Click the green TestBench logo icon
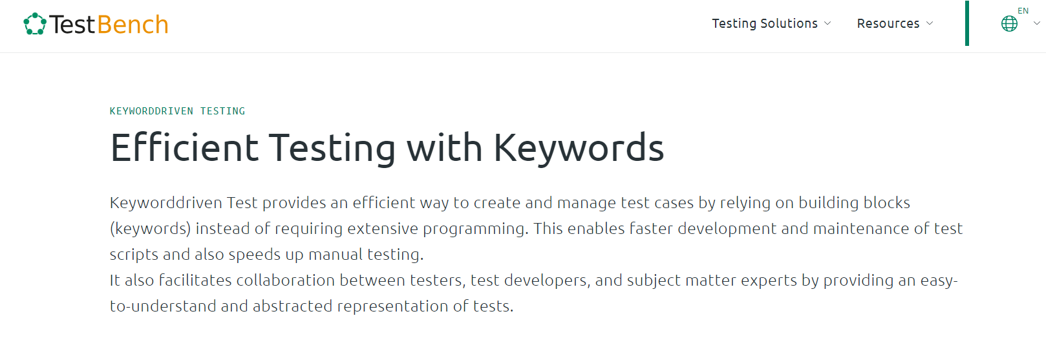pyautogui.click(x=35, y=23)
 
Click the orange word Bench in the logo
pyautogui.click(x=133, y=25)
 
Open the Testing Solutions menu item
pyautogui.click(x=764, y=23)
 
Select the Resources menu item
pyautogui.click(x=888, y=23)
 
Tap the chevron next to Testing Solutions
pyautogui.click(x=828, y=23)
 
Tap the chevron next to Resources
pyautogui.click(x=930, y=23)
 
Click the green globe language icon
pyautogui.click(x=1009, y=23)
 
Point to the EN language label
pyautogui.click(x=1023, y=11)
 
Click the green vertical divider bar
pyautogui.click(x=967, y=23)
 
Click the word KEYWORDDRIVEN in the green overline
pyautogui.click(x=151, y=111)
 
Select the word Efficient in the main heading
pyautogui.click(x=184, y=147)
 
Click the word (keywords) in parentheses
pyautogui.click(x=151, y=229)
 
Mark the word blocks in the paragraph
pyautogui.click(x=887, y=203)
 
